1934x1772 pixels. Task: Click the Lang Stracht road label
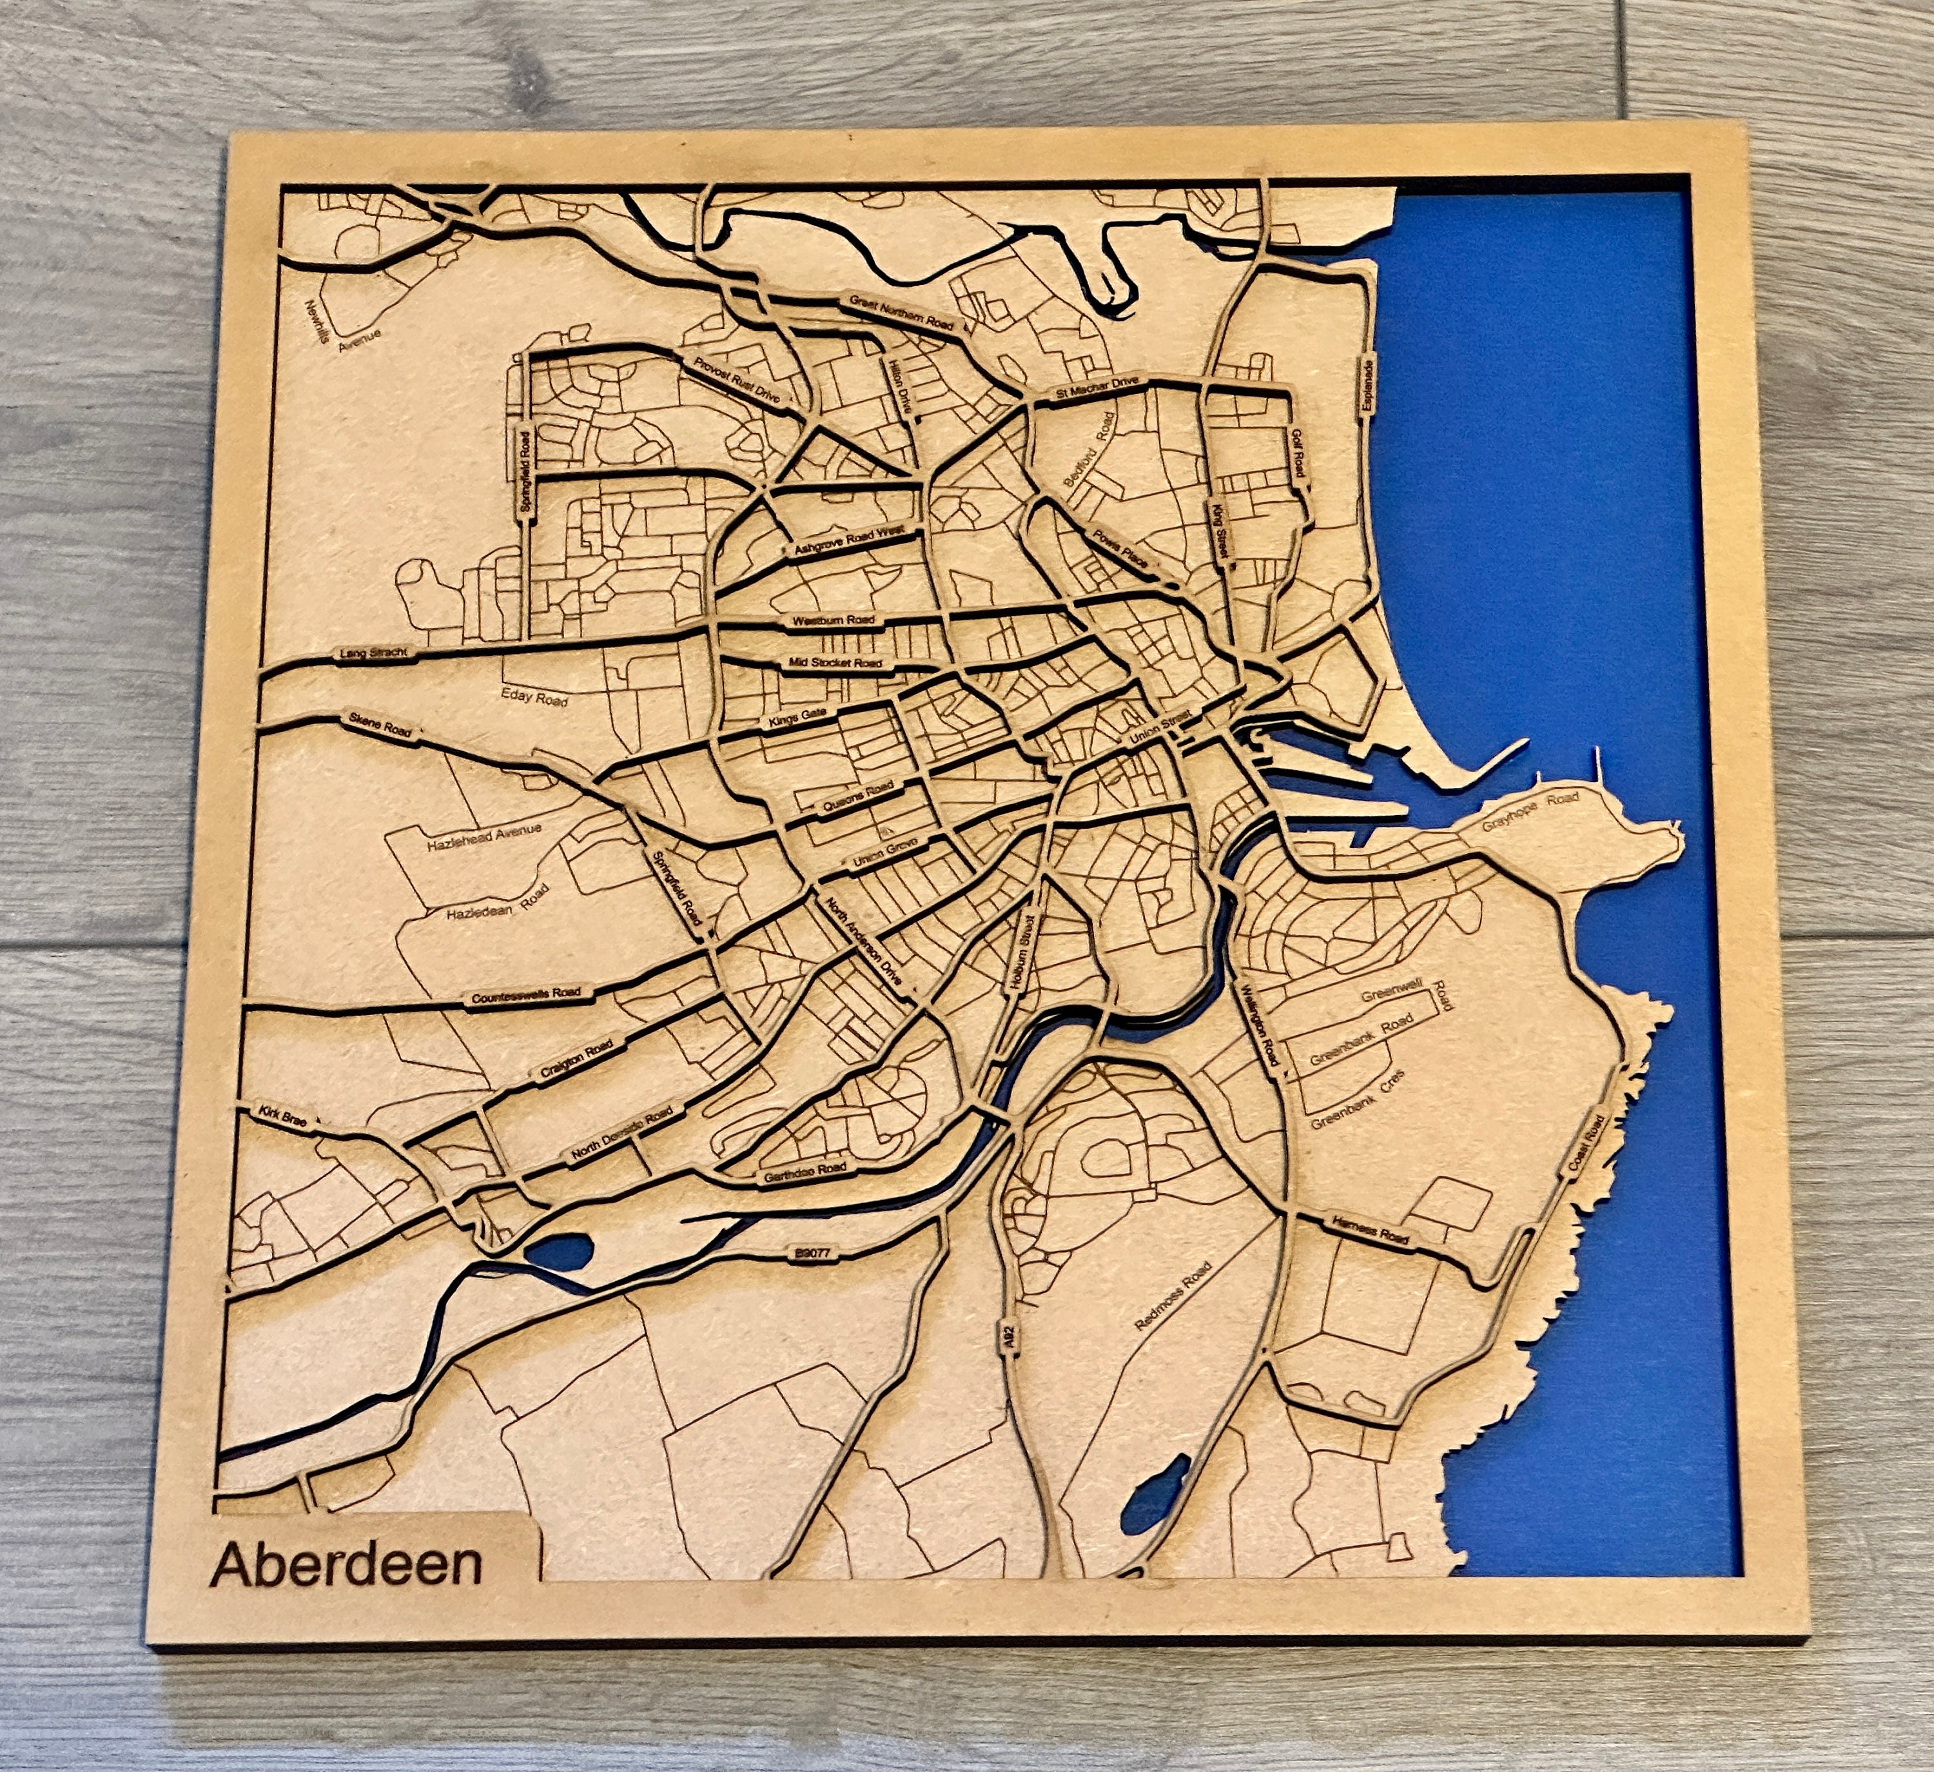(x=374, y=653)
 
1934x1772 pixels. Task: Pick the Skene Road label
(x=380, y=724)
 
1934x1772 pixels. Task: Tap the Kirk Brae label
(x=286, y=1119)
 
